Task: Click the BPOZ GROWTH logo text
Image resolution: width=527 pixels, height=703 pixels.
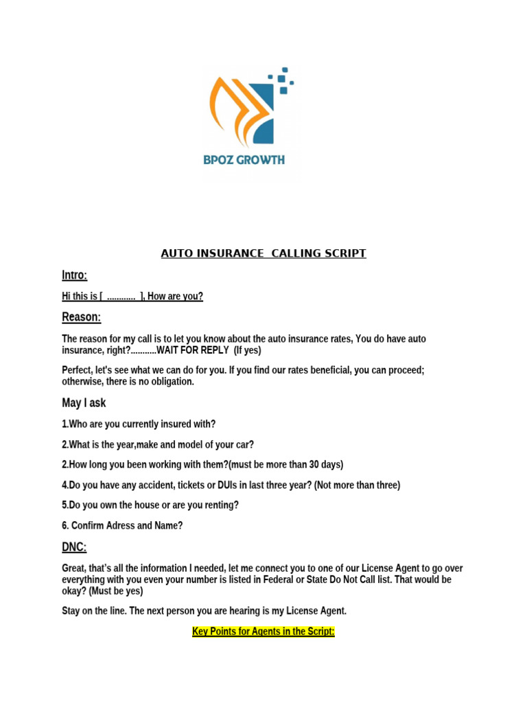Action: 244,161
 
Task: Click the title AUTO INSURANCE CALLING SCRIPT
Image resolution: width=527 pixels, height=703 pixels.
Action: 263,254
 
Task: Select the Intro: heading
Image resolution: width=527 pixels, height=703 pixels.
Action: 75,275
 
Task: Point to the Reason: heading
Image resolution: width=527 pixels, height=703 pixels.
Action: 81,317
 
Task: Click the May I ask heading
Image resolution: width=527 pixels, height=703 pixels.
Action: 84,403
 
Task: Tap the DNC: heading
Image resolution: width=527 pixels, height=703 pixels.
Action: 74,547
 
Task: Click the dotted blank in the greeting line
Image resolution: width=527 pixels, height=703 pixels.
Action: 121,297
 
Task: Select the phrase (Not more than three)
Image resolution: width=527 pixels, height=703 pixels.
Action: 357,485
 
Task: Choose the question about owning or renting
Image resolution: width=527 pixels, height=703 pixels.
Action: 150,505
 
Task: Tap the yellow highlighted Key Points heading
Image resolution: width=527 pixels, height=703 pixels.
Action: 263,632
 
